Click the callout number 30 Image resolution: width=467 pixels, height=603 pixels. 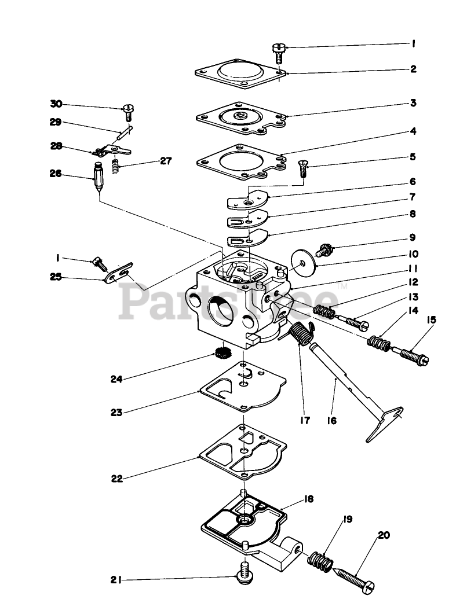56,104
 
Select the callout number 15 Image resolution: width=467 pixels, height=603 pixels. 432,319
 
